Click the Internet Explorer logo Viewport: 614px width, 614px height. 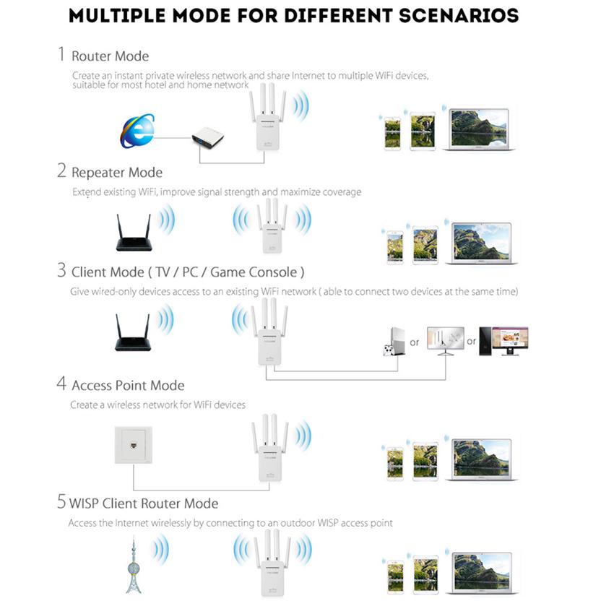(137, 131)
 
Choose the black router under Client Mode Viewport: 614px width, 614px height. (133, 334)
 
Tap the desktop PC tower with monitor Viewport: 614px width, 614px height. (506, 340)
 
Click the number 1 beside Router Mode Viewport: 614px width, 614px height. (61, 55)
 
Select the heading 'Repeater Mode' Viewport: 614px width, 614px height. (117, 172)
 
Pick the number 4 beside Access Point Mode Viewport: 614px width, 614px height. (61, 384)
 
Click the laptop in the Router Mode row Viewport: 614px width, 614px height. (480, 130)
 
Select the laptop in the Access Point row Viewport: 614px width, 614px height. (482, 459)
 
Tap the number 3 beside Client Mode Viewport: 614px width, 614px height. (61, 271)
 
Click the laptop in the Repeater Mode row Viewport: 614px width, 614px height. (481, 243)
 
